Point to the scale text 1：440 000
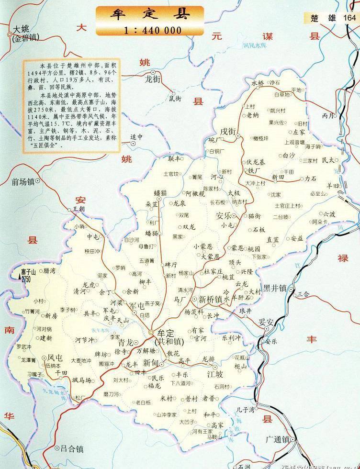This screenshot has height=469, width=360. click(153, 30)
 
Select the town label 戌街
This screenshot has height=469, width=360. click(228, 131)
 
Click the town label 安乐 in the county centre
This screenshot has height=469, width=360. click(225, 215)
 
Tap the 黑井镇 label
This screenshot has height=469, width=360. click(274, 288)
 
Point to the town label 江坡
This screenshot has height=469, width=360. click(215, 374)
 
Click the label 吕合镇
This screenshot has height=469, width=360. click(72, 449)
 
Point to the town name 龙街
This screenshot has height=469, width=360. click(155, 80)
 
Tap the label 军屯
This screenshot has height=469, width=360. click(137, 305)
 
